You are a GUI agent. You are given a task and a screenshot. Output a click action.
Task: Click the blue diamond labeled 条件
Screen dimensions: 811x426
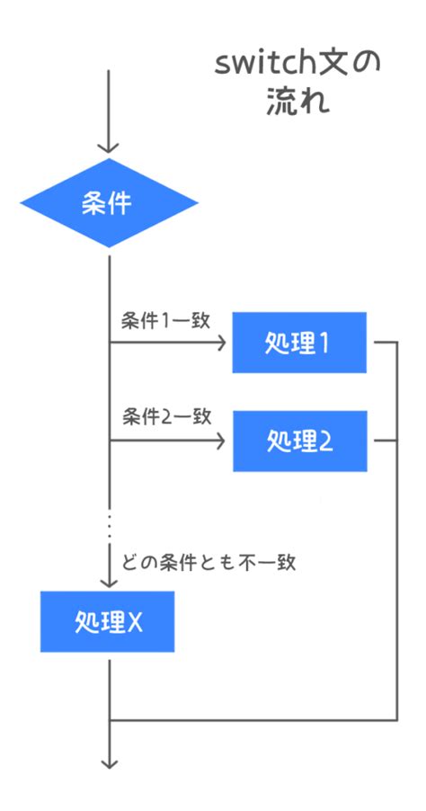pyautogui.click(x=108, y=203)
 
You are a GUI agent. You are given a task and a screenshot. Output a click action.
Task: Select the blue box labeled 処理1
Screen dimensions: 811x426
pyautogui.click(x=299, y=343)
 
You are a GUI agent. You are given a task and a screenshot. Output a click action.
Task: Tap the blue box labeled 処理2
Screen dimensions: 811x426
pyautogui.click(x=299, y=441)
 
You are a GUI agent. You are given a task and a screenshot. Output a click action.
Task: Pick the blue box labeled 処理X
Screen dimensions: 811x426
pyautogui.click(x=107, y=621)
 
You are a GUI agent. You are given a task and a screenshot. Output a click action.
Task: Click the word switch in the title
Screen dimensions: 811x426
pyautogui.click(x=262, y=65)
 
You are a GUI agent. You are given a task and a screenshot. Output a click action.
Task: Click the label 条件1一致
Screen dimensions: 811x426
pyautogui.click(x=165, y=320)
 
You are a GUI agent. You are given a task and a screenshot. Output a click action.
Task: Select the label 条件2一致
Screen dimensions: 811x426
pyautogui.click(x=166, y=416)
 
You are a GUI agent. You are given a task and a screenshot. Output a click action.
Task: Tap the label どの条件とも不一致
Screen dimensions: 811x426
pyautogui.click(x=209, y=564)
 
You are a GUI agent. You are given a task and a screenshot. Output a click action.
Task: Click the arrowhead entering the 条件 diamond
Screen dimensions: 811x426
pyautogui.click(x=108, y=146)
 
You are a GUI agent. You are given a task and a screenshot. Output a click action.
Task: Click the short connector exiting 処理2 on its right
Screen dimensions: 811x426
pyautogui.click(x=384, y=441)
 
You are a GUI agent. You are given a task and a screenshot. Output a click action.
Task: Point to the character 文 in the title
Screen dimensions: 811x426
pyautogui.click(x=341, y=65)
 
